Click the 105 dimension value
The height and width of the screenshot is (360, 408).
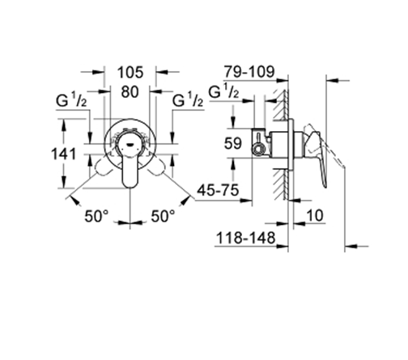coord(130,72)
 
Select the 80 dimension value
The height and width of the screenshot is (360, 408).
coord(130,91)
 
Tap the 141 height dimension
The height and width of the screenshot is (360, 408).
coord(64,155)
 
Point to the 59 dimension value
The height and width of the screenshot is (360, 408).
coord(232,143)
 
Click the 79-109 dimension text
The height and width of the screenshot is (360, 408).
coord(249,72)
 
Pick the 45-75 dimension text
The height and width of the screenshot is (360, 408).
coord(218,190)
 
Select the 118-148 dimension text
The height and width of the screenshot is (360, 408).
coord(245,238)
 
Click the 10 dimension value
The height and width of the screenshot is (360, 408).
coord(315,215)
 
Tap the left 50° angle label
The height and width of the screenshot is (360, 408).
coord(96,216)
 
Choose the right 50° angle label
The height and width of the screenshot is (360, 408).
coord(163,216)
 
